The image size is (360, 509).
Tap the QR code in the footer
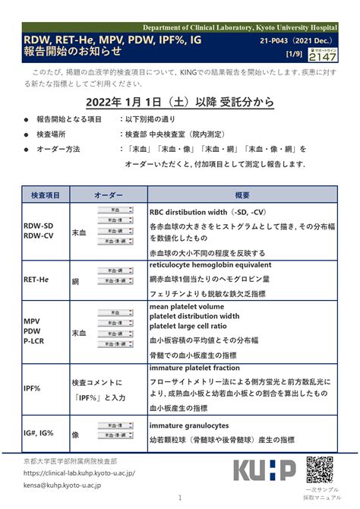[x=321, y=469]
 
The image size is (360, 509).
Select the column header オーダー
[x=109, y=196]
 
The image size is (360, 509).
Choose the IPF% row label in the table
[x=32, y=388]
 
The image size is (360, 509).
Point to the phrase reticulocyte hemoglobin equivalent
[x=210, y=265]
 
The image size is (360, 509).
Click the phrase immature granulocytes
[x=189, y=425]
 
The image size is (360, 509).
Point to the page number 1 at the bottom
[x=180, y=500]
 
